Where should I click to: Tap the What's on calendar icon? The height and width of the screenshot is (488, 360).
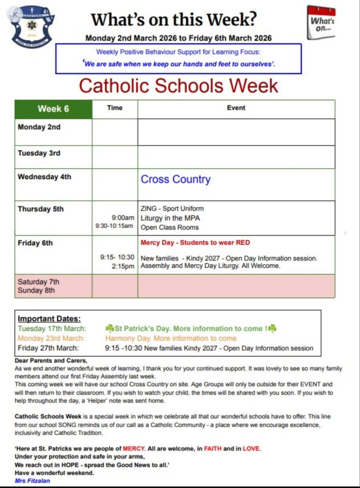321,21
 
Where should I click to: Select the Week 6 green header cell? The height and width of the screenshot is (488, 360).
53,109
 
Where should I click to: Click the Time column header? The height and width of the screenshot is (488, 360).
114,108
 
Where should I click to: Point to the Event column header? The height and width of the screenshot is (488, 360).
236,108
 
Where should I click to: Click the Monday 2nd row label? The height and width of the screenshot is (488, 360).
39,127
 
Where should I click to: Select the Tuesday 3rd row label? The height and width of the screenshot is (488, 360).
39,153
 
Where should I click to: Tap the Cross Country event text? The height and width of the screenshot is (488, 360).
175,179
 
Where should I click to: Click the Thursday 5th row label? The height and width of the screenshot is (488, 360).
40,209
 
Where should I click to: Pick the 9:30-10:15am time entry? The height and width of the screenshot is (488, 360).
114,226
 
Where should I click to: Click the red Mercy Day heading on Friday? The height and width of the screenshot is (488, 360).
195,243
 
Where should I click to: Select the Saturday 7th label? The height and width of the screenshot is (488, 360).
38,282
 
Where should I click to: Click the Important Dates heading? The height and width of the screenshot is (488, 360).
49,319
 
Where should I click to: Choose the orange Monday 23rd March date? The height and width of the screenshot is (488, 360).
51,338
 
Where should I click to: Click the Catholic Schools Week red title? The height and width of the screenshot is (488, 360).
178,85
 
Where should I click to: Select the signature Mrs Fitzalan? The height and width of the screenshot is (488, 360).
32,481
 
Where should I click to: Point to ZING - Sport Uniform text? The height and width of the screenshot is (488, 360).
172,209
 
